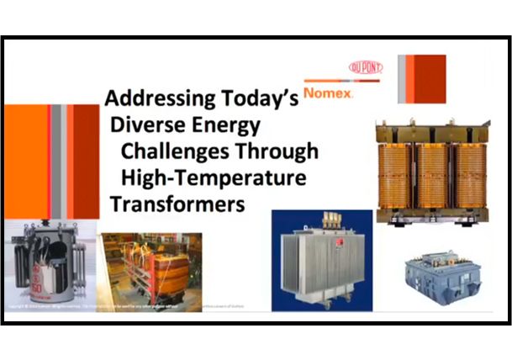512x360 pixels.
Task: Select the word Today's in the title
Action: coord(260,98)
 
